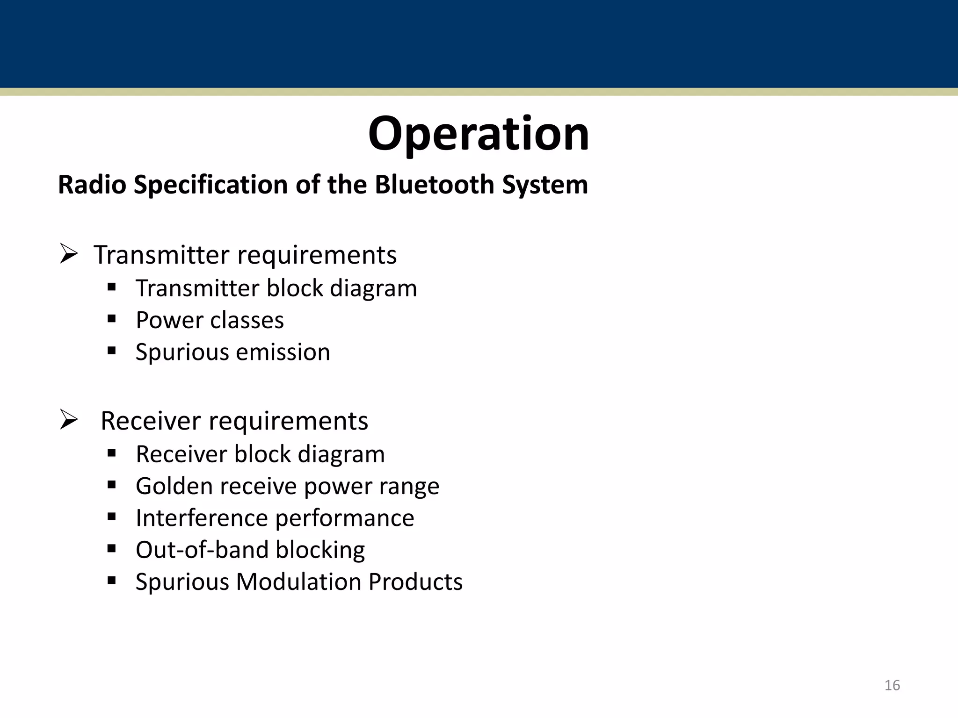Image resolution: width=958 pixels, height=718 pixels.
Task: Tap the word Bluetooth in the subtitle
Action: pyautogui.click(x=435, y=185)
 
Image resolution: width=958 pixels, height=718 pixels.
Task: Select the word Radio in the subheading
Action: pyautogui.click(x=92, y=185)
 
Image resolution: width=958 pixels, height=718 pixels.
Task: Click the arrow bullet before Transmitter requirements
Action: pyautogui.click(x=68, y=255)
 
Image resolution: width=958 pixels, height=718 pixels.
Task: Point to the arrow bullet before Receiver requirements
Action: pyautogui.click(x=68, y=420)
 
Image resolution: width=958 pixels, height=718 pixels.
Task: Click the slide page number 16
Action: pyautogui.click(x=892, y=685)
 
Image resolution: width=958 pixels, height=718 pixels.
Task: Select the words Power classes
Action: pyautogui.click(x=210, y=320)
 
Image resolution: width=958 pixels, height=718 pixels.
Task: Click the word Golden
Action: pyautogui.click(x=174, y=486)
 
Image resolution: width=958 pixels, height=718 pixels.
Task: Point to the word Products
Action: pyautogui.click(x=415, y=582)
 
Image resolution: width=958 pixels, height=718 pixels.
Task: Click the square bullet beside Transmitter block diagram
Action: pyautogui.click(x=111, y=287)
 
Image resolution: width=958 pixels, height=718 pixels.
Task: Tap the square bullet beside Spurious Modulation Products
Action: pyautogui.click(x=111, y=581)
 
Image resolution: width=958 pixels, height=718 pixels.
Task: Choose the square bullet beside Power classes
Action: pyautogui.click(x=111, y=319)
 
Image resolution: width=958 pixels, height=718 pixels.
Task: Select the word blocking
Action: pyautogui.click(x=320, y=550)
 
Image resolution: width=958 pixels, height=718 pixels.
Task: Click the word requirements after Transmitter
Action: pyautogui.click(x=317, y=256)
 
